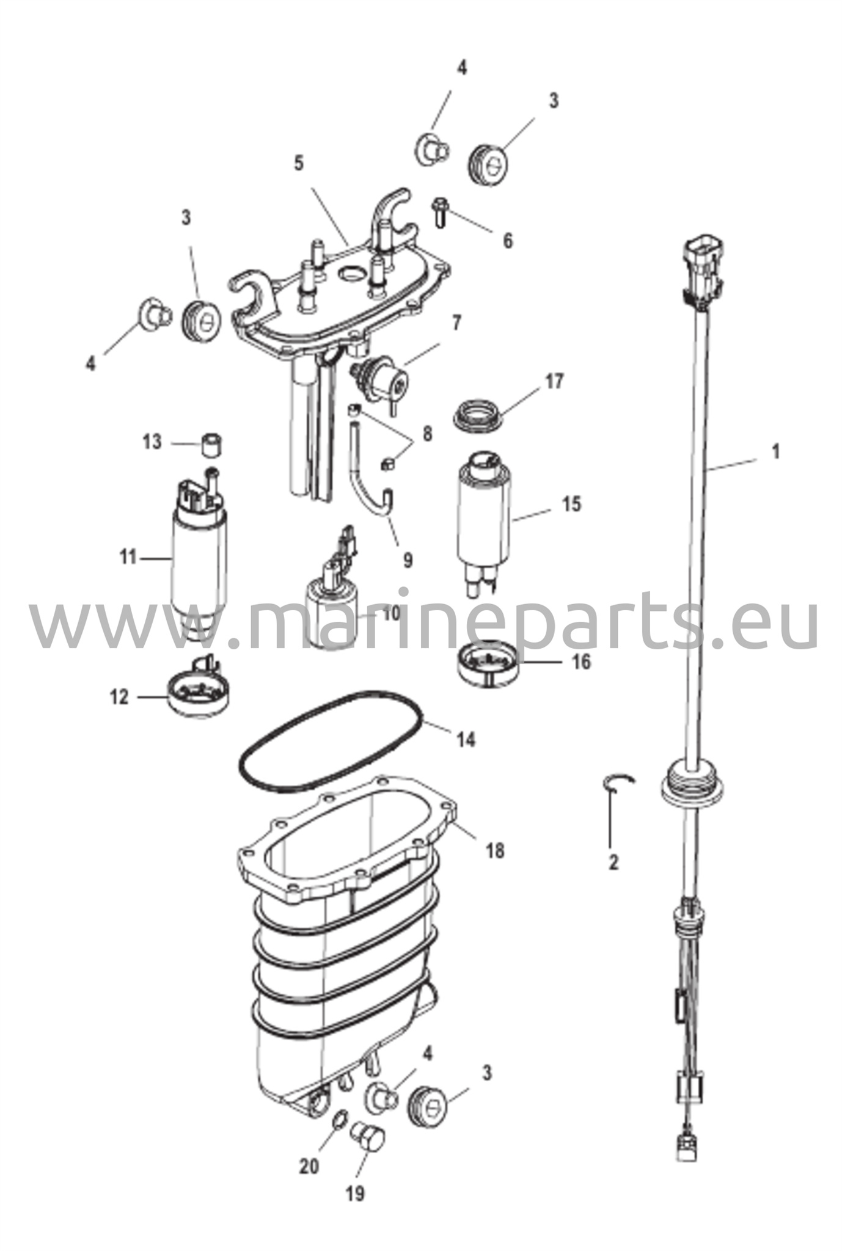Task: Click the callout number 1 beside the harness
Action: click(x=775, y=453)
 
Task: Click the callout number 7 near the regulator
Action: click(x=457, y=322)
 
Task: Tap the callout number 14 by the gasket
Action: click(x=466, y=740)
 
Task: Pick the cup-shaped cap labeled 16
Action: click(x=487, y=664)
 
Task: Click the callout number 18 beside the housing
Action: click(x=496, y=850)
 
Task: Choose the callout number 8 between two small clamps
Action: click(x=427, y=434)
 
